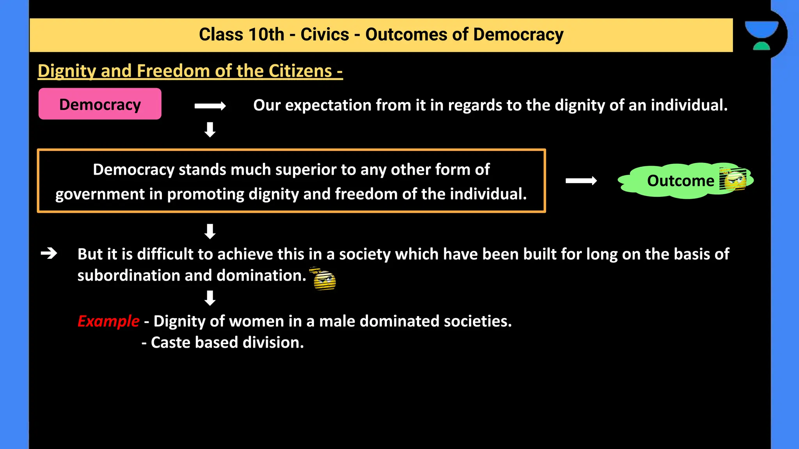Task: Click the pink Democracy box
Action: (100, 104)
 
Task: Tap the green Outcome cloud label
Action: (681, 181)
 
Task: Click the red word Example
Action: (108, 321)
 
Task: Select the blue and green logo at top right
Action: (761, 35)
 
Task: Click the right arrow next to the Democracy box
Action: (210, 106)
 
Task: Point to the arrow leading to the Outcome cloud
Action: (581, 181)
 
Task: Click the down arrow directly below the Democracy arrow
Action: (210, 130)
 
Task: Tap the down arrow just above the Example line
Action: (210, 298)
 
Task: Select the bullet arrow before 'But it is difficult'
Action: (49, 254)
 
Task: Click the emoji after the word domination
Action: (324, 279)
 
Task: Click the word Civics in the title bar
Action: (325, 35)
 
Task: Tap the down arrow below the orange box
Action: (210, 232)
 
